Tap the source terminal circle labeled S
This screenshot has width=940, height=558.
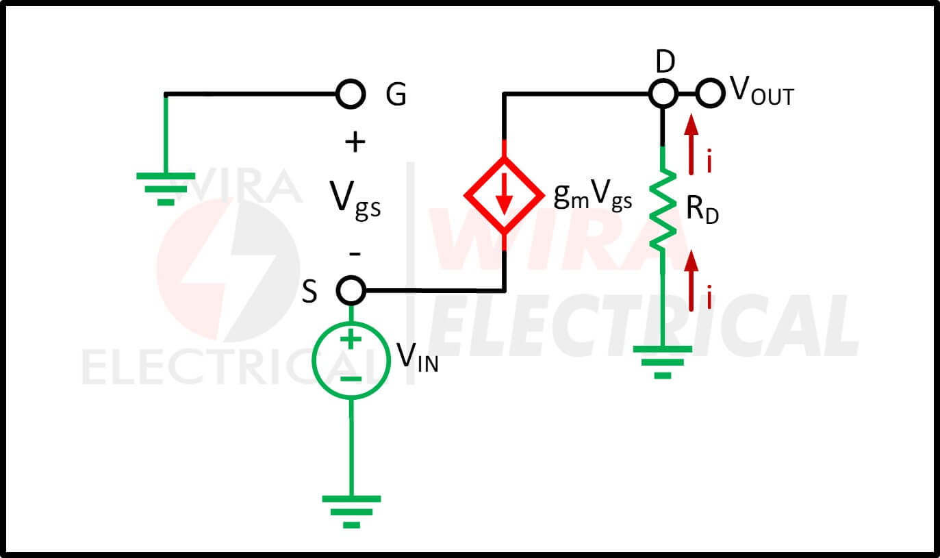point(351,290)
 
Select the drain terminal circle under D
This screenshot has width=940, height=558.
point(662,93)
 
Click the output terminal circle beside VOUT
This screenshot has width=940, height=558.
point(711,93)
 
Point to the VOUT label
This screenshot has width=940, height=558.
point(761,93)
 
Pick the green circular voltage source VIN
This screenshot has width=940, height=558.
point(351,361)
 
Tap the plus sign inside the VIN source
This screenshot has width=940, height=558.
point(351,340)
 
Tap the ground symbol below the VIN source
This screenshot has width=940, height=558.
point(351,511)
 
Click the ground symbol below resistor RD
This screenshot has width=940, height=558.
point(662,361)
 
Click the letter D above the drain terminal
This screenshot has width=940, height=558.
point(665,62)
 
